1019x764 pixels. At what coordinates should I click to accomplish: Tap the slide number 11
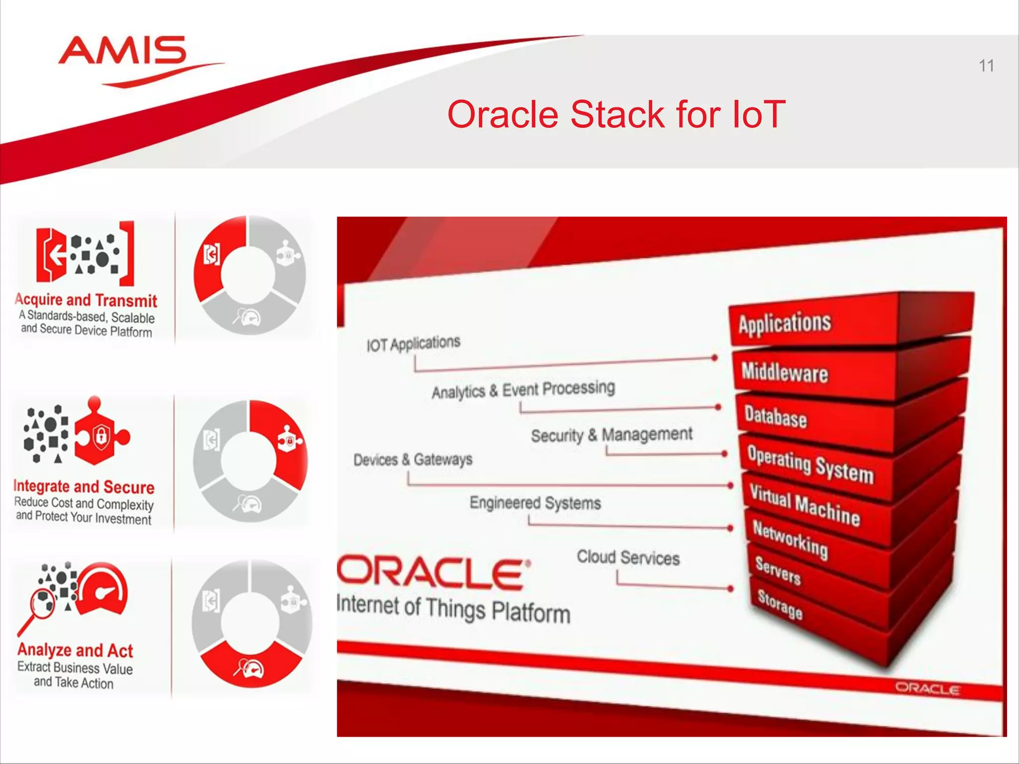(986, 66)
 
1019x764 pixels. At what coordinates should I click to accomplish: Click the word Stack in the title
(617, 114)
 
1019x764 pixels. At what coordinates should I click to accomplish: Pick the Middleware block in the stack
(785, 372)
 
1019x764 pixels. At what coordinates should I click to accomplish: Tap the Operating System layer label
(810, 464)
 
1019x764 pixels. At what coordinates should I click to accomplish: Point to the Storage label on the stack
(780, 604)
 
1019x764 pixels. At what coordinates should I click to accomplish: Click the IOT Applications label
(413, 344)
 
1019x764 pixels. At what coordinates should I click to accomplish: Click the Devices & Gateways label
(413, 460)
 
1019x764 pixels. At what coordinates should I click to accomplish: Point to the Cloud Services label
(628, 558)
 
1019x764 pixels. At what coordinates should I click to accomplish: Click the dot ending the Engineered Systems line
(730, 528)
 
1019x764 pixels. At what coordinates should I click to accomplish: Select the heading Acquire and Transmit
(86, 300)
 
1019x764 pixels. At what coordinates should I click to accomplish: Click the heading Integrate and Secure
(84, 486)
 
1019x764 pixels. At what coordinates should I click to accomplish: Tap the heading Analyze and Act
(75, 650)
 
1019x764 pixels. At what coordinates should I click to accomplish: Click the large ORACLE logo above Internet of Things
(433, 573)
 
